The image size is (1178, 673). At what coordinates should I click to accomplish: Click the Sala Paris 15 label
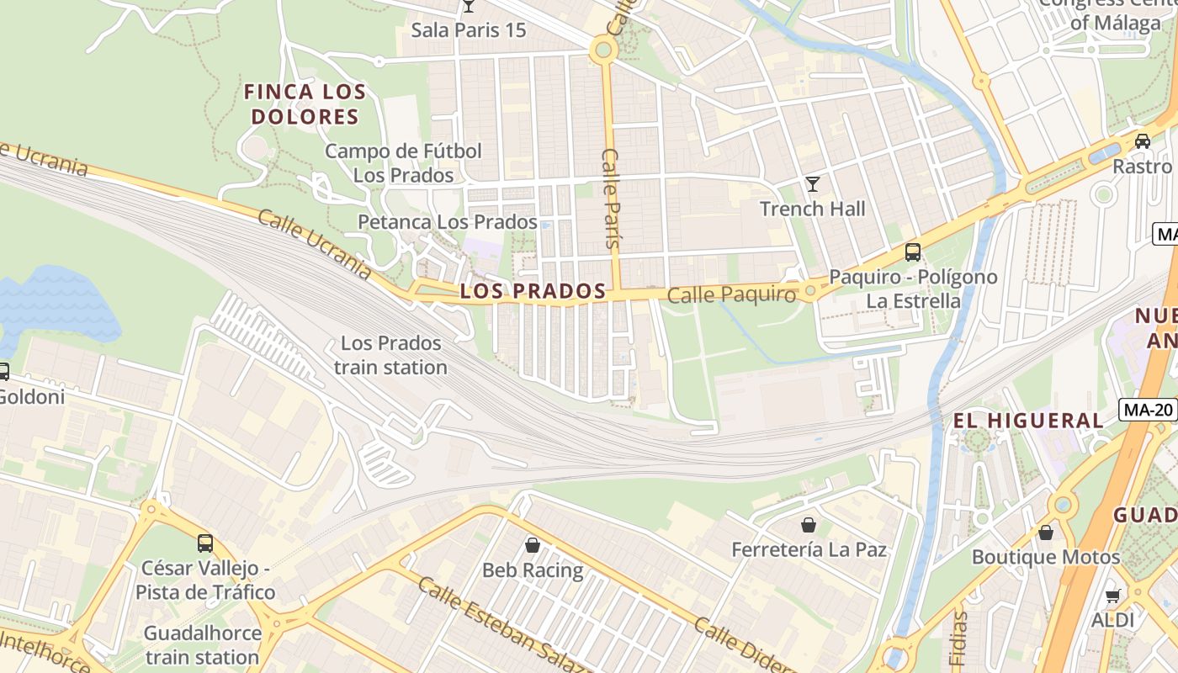468,30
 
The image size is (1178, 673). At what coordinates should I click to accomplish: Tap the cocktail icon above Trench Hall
812,183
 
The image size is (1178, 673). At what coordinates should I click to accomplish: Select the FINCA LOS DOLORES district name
305,104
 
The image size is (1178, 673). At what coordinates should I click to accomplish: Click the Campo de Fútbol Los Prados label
403,163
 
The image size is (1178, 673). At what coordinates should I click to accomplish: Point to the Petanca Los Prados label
447,222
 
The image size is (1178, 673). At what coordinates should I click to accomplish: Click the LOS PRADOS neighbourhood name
533,291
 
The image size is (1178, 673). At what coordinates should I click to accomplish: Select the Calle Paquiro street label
731,295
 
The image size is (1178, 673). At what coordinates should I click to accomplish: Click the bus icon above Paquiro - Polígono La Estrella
913,252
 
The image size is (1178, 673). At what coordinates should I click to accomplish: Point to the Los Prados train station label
390,355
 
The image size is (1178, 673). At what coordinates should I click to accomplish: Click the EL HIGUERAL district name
1027,421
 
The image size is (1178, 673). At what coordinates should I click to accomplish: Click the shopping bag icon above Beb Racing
532,545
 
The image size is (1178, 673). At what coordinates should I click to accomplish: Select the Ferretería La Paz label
809,550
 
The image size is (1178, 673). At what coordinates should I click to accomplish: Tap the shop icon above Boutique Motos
1045,533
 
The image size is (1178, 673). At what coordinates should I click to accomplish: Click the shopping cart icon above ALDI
1112,596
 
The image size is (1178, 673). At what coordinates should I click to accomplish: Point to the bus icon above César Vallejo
205,543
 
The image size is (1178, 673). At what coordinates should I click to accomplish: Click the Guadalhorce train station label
201,644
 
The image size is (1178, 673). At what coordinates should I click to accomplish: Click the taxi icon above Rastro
1142,141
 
